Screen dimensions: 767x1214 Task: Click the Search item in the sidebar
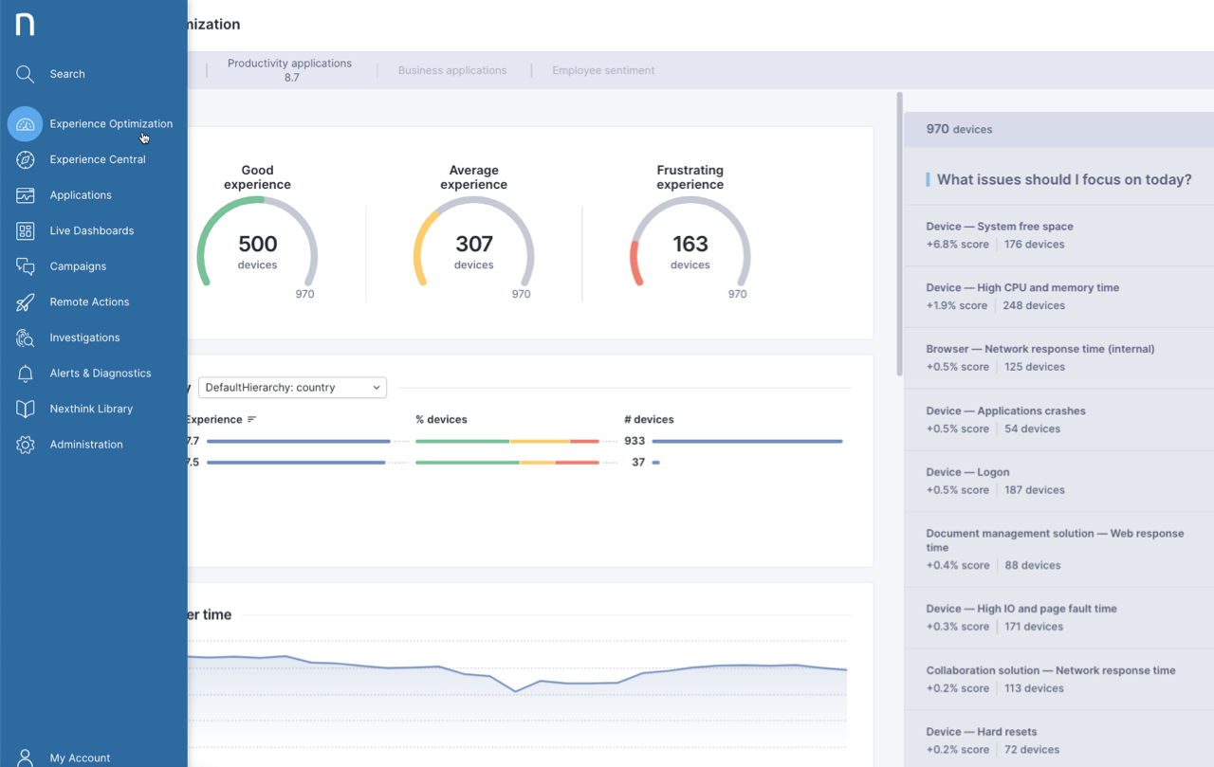pyautogui.click(x=66, y=74)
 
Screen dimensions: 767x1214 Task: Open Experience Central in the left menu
pyautogui.click(x=97, y=159)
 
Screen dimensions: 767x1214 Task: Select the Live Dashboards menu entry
pyautogui.click(x=91, y=230)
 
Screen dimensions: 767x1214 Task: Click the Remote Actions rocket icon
pyautogui.click(x=26, y=302)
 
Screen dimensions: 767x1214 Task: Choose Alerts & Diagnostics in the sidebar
pyautogui.click(x=100, y=374)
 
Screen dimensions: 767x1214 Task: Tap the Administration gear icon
pyautogui.click(x=26, y=445)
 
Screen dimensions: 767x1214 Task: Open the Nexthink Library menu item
pyautogui.click(x=91, y=409)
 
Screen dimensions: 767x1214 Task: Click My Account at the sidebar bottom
pyautogui.click(x=80, y=758)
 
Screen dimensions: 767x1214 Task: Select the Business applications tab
pyautogui.click(x=451, y=70)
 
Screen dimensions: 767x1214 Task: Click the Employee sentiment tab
pyautogui.click(x=603, y=70)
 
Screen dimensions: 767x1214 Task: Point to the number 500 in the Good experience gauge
pyautogui.click(x=257, y=245)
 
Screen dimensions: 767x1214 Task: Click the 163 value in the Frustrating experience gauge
pyautogui.click(x=690, y=245)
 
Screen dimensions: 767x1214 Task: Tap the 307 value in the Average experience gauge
pyautogui.click(x=473, y=245)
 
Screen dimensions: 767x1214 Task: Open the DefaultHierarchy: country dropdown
pyautogui.click(x=292, y=388)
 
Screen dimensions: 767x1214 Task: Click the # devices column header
pyautogui.click(x=649, y=419)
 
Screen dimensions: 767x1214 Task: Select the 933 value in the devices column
pyautogui.click(x=635, y=441)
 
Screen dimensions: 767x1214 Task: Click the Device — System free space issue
pyautogui.click(x=999, y=227)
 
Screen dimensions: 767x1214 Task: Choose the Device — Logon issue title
pyautogui.click(x=967, y=472)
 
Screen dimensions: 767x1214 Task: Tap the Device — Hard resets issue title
pyautogui.click(x=981, y=732)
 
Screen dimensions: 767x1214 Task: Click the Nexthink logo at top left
pyautogui.click(x=26, y=24)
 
